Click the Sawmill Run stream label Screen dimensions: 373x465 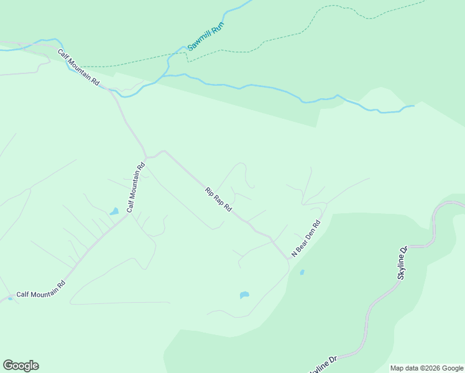pos(205,37)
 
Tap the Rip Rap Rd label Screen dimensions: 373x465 pos(218,199)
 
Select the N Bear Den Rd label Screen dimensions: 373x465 pos(307,238)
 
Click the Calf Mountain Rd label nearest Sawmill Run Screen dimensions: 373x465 pos(79,67)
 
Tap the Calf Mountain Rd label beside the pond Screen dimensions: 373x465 pos(136,187)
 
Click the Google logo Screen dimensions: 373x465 pos(21,366)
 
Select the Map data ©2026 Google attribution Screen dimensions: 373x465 pos(426,368)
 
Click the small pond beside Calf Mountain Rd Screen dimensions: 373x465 pos(114,212)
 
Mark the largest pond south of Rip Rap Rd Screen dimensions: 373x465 pos(244,295)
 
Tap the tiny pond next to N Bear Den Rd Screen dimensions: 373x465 pos(302,272)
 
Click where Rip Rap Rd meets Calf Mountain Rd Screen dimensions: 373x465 pos(147,157)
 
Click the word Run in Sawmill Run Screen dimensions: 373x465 pos(217,27)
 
